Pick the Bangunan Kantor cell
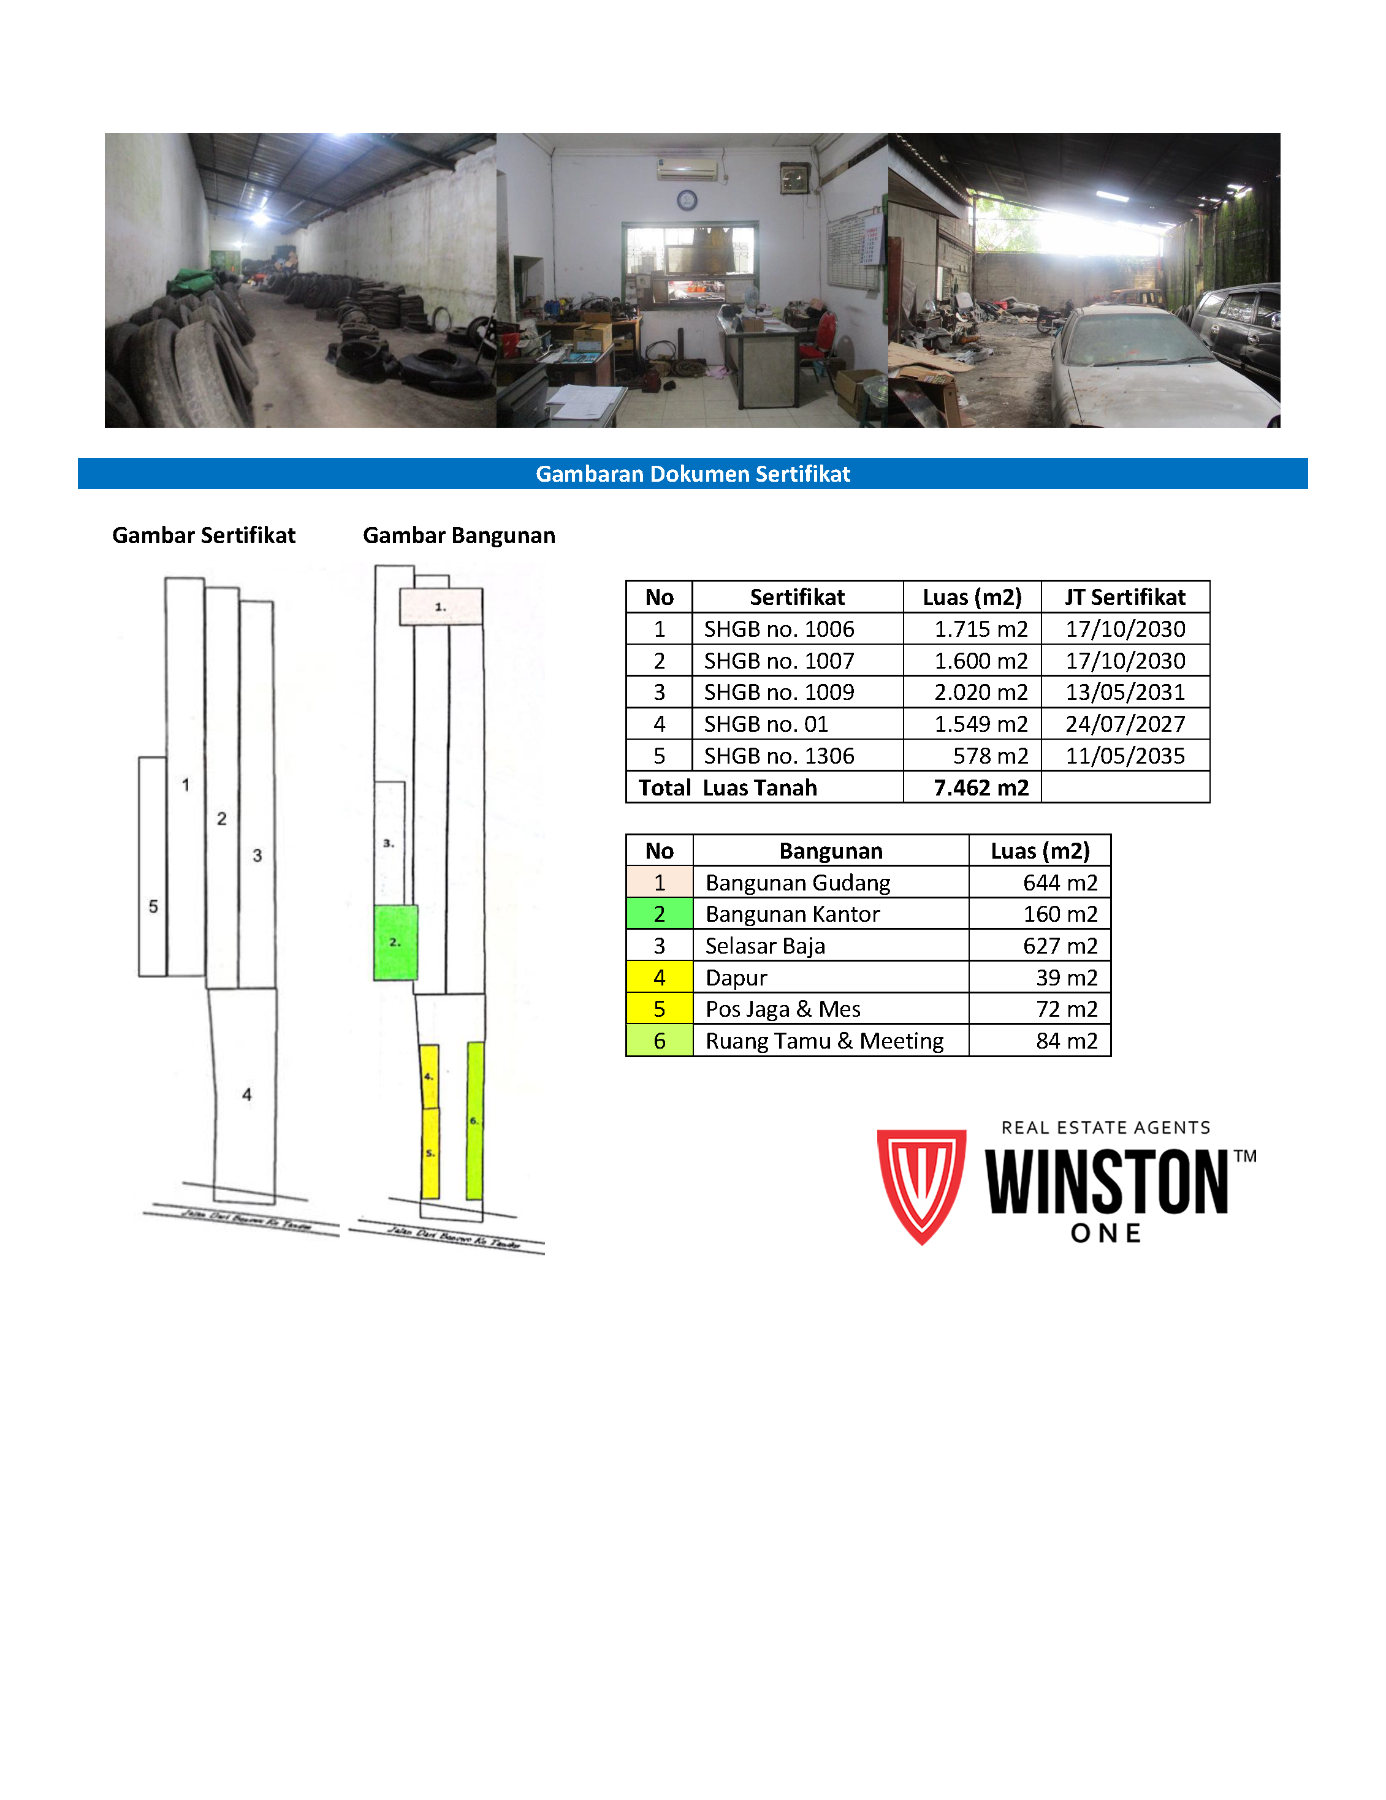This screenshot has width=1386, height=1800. coord(791,914)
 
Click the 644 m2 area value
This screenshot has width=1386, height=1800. coord(1059,883)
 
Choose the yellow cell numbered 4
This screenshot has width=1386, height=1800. coord(659,978)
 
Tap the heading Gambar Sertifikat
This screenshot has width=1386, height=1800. coord(204,536)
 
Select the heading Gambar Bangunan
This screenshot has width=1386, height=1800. coord(459,536)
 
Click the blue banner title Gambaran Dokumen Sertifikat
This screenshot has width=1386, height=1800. coord(693,474)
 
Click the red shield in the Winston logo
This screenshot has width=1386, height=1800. coord(921,1183)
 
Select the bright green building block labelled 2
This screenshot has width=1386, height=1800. coord(395,942)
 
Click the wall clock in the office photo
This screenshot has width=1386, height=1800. coord(687,199)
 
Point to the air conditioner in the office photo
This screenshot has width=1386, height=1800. coord(687,170)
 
